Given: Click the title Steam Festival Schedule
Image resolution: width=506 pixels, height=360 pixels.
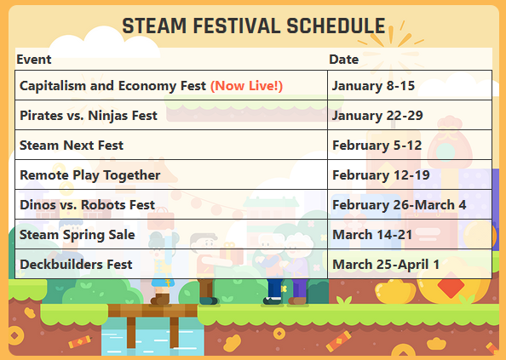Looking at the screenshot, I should click(x=253, y=26).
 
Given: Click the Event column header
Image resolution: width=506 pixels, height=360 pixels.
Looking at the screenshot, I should click(x=34, y=60).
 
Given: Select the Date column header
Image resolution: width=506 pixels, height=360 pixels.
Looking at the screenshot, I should click(x=343, y=60).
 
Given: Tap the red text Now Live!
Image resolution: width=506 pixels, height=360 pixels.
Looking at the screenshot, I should click(x=246, y=86).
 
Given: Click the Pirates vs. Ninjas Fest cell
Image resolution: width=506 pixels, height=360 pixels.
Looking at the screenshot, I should click(x=89, y=116).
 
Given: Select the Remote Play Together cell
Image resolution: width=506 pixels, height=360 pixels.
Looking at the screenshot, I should click(x=89, y=175).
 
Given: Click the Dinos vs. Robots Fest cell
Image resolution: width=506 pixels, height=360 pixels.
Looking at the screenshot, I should click(x=87, y=205).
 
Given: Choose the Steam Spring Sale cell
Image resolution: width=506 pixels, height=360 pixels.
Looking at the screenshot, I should click(x=78, y=235).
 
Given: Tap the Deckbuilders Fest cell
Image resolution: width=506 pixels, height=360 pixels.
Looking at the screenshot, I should click(x=76, y=265).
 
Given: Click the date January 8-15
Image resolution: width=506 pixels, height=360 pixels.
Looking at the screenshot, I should click(x=373, y=86).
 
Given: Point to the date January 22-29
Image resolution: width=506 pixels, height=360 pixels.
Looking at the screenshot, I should click(x=377, y=116).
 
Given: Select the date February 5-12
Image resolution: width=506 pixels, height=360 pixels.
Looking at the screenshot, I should click(x=377, y=146).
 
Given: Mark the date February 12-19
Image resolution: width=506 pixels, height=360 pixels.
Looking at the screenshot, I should click(x=381, y=175).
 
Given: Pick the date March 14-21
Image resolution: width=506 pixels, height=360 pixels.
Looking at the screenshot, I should click(x=371, y=235).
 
